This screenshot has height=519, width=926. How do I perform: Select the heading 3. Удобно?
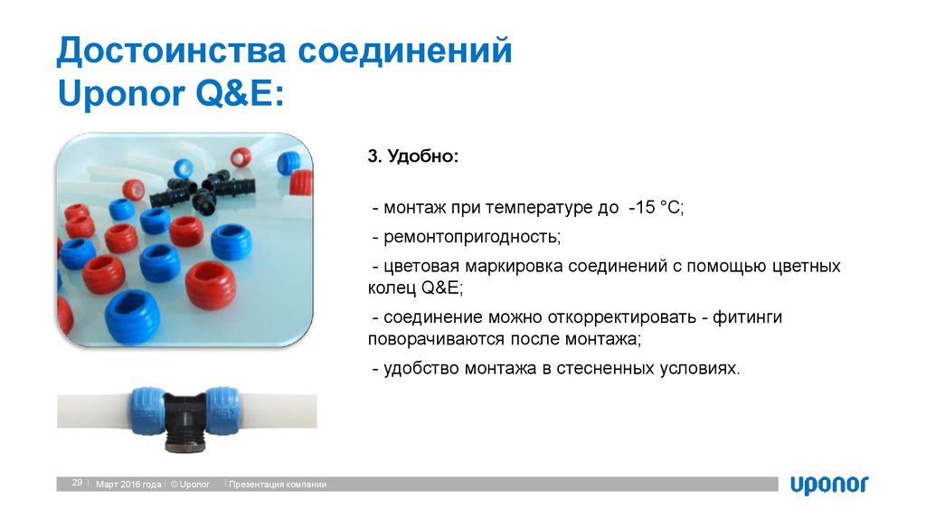pyautogui.click(x=412, y=157)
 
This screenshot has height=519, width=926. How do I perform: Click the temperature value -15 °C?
pyautogui.click(x=655, y=208)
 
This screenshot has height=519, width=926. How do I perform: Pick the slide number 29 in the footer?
pyautogui.click(x=77, y=484)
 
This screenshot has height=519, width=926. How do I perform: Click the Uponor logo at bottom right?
pyautogui.click(x=828, y=485)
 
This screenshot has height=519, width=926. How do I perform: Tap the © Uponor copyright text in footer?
pyautogui.click(x=189, y=485)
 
